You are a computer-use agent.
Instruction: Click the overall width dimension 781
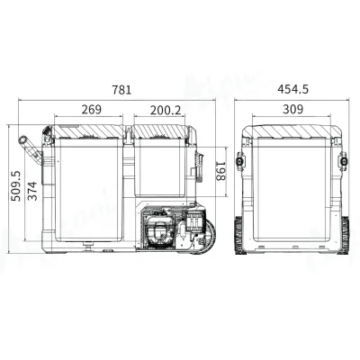coord(122,89)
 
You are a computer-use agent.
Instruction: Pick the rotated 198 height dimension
coord(220,168)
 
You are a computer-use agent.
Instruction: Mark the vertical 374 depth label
coord(32,190)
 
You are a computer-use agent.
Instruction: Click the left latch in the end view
coord(241,162)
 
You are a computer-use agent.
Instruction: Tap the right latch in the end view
coord(344,162)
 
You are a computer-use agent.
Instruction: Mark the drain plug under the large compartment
coord(87,244)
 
